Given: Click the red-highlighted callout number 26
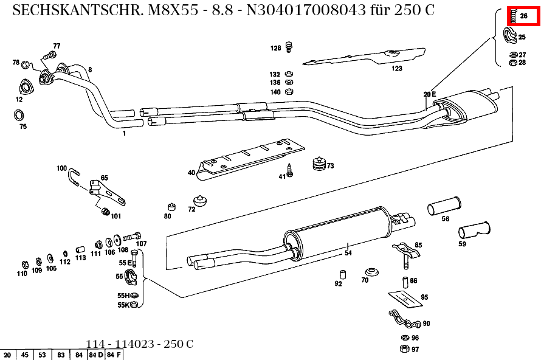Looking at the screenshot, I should [524, 16].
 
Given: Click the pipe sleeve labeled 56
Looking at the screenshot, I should [444, 207].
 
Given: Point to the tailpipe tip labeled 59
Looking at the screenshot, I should [474, 231].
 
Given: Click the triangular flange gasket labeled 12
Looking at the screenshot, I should [24, 86].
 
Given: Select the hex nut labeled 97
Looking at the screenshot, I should [404, 348].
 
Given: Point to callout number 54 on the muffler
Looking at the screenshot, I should [348, 252].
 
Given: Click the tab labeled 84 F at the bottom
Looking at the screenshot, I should [114, 355].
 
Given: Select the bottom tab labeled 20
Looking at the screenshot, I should [8, 355].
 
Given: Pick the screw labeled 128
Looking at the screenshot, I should [289, 46].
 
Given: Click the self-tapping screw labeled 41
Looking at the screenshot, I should [290, 171].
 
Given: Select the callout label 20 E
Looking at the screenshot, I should [430, 94].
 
